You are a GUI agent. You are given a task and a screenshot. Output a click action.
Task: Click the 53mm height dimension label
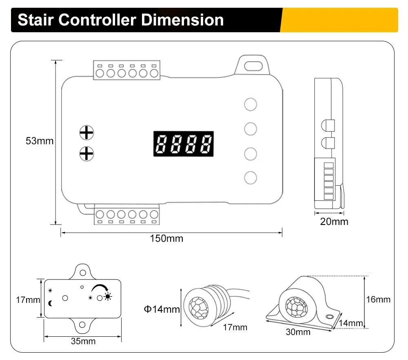[40, 141]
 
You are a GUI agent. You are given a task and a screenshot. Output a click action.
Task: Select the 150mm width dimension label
[166, 238]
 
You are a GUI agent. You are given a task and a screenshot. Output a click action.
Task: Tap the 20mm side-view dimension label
[334, 222]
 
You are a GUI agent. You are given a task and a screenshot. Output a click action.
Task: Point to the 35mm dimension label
[83, 341]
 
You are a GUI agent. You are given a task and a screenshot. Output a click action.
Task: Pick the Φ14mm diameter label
[162, 309]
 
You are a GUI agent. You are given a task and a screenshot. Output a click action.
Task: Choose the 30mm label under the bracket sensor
[298, 332]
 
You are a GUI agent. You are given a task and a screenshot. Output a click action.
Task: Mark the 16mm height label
[378, 300]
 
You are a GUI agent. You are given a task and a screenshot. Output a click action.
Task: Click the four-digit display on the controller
[184, 143]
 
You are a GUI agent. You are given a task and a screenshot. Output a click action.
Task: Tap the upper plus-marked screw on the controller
[86, 133]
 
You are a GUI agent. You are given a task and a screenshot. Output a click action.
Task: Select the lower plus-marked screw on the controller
[86, 153]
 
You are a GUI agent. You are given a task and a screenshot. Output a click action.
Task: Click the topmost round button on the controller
[251, 104]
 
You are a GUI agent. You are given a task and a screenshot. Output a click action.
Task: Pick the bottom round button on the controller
[251, 178]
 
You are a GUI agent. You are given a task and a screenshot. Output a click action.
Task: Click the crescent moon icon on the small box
[51, 302]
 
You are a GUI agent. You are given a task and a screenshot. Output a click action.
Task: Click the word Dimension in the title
[182, 20]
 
